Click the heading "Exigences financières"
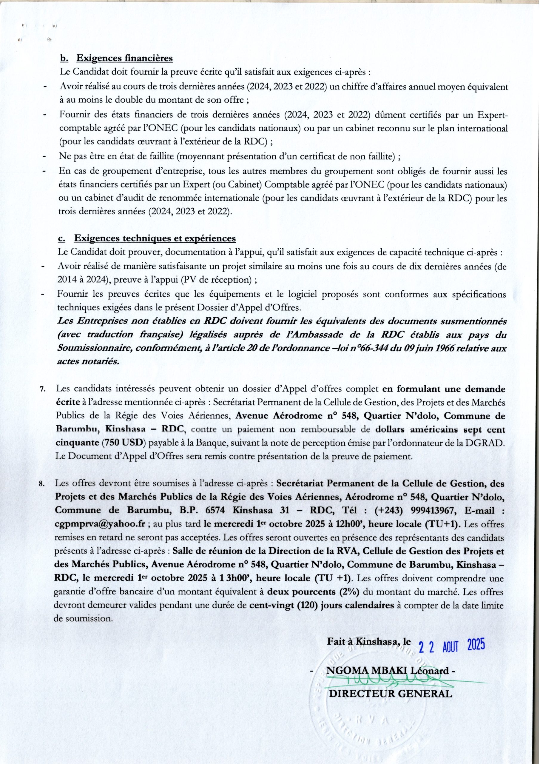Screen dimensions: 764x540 (x=124, y=58)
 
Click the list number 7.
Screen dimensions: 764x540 (x=42, y=390)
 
